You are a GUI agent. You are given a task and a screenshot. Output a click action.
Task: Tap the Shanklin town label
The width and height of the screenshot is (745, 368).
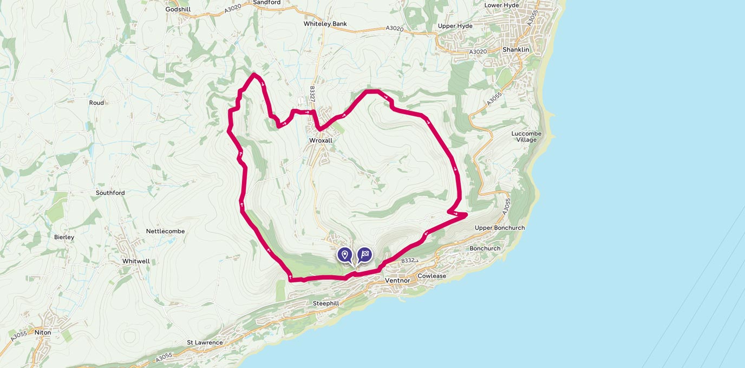(x=515, y=49)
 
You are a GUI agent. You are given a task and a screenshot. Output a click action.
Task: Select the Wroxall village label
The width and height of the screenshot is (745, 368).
(x=321, y=140)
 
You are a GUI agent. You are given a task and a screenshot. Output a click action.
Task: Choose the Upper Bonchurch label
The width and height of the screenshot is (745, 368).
(x=499, y=228)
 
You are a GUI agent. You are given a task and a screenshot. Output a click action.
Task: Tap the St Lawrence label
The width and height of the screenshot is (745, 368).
(x=205, y=343)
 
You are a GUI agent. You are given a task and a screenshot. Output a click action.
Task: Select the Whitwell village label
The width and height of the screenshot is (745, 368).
(x=136, y=261)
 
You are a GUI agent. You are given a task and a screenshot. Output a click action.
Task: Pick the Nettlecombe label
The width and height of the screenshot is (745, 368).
(x=165, y=231)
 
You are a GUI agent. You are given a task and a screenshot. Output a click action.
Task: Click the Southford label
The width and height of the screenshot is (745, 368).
(x=110, y=193)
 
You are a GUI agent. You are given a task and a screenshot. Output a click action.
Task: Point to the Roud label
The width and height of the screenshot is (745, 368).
(x=96, y=103)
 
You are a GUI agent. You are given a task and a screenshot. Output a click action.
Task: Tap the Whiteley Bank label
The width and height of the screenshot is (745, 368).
(x=325, y=24)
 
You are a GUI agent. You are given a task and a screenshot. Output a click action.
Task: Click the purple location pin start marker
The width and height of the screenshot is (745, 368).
(x=344, y=254)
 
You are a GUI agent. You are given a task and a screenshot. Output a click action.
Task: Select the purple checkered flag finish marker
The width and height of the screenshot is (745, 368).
(x=365, y=254)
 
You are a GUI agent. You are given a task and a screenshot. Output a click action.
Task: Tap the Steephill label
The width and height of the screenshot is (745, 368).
(x=325, y=304)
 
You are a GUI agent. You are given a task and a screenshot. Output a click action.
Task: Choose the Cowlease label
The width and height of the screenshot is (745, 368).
(x=432, y=276)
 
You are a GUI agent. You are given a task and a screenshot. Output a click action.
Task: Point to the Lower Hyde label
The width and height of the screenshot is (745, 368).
(x=501, y=5)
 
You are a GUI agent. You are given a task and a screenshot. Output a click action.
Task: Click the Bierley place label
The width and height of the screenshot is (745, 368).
(x=64, y=237)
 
